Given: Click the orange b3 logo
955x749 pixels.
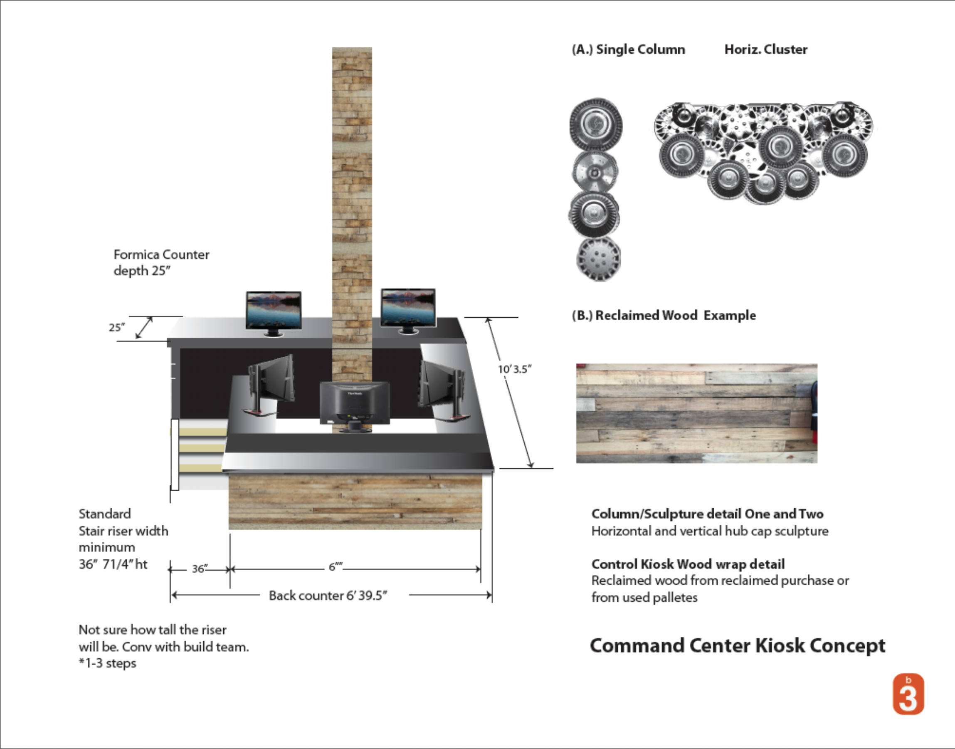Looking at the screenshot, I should pyautogui.click(x=908, y=694).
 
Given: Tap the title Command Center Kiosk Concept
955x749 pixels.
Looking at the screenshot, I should pyautogui.click(x=737, y=645).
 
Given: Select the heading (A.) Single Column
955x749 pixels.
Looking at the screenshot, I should pyautogui.click(x=628, y=49).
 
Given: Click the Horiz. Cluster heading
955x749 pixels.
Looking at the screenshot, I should pyautogui.click(x=766, y=49).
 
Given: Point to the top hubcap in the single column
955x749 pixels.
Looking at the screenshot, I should pyautogui.click(x=596, y=124).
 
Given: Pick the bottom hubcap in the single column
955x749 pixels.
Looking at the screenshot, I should pyautogui.click(x=598, y=259).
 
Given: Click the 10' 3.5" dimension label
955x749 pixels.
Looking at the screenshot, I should pyautogui.click(x=515, y=369).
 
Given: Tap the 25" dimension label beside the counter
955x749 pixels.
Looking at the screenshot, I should pyautogui.click(x=116, y=328).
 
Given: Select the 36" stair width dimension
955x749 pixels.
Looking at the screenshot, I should pyautogui.click(x=200, y=569).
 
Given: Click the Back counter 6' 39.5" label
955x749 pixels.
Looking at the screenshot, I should pyautogui.click(x=328, y=596).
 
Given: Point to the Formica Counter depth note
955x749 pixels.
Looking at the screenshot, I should pyautogui.click(x=161, y=262).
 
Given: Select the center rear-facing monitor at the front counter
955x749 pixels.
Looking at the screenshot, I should pyautogui.click(x=355, y=404).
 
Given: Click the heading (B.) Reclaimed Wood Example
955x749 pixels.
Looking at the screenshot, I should pyautogui.click(x=664, y=315).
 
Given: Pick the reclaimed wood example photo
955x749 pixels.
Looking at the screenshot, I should pyautogui.click(x=696, y=413).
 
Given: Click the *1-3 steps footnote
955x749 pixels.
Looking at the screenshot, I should pyautogui.click(x=107, y=663).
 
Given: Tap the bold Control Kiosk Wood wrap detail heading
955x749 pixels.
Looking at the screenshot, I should pyautogui.click(x=688, y=564).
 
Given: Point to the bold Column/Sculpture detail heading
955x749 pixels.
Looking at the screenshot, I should pyautogui.click(x=707, y=514).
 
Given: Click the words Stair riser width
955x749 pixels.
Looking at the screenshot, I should pyautogui.click(x=123, y=531).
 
